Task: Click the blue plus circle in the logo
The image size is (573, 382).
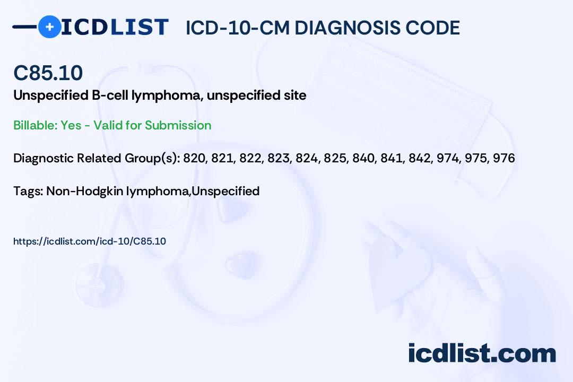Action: pyautogui.click(x=49, y=27)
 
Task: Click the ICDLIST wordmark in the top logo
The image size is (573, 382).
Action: pyautogui.click(x=115, y=27)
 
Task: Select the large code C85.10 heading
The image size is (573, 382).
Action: pyautogui.click(x=48, y=73)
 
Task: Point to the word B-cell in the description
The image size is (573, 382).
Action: pyautogui.click(x=109, y=95)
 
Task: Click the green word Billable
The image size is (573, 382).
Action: pyautogui.click(x=35, y=125)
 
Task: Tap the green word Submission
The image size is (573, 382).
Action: pyautogui.click(x=178, y=125)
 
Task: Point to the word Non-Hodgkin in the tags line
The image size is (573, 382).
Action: pyautogui.click(x=84, y=191)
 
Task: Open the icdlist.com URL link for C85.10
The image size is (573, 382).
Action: pyautogui.click(x=90, y=241)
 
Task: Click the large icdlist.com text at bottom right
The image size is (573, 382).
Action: pyautogui.click(x=482, y=353)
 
